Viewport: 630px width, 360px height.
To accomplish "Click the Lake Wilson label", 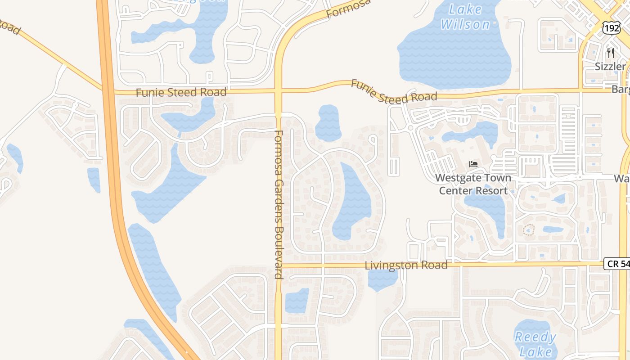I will point(465,17).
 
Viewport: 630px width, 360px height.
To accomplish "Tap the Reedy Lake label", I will point(535,344).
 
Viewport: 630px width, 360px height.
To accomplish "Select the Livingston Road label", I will point(406,265).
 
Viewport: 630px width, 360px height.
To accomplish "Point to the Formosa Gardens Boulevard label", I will point(279,204).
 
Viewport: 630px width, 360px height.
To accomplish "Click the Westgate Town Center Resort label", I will point(473,184).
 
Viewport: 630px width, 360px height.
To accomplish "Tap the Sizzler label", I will point(610,67).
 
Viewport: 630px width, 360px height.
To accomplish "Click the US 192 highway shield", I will point(612,28).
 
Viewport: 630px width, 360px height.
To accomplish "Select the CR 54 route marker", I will point(617,264).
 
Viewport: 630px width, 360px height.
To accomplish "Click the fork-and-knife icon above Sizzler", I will point(610,53).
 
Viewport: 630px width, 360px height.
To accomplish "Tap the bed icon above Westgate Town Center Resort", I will point(473,164).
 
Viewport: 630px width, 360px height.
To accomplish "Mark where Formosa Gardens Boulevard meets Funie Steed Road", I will point(279,91).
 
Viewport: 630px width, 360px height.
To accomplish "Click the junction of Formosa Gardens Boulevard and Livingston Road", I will point(279,265).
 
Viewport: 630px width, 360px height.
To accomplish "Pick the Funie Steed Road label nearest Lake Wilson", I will point(394,91).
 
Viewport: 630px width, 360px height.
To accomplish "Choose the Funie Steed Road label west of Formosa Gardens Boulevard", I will point(181,92).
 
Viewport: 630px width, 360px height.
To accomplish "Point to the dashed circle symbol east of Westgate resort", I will point(529,230).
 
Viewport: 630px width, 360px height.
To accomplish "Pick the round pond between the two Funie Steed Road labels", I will point(328,122).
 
